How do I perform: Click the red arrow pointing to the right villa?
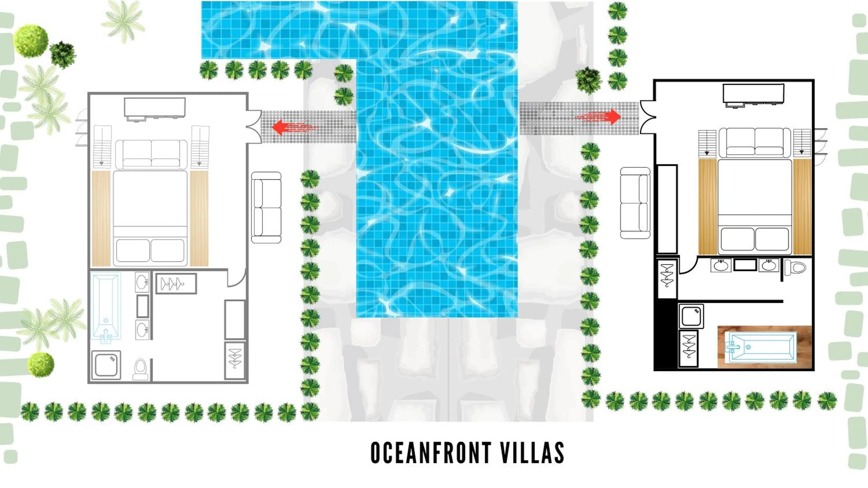click(x=600, y=117)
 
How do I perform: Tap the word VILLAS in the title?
click(x=532, y=453)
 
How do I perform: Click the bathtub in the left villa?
click(x=106, y=306)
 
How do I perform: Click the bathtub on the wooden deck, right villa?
click(x=762, y=347)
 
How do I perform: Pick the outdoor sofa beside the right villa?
click(x=635, y=203)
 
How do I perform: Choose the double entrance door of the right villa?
click(x=648, y=117)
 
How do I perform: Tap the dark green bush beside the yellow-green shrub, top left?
click(x=63, y=54)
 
